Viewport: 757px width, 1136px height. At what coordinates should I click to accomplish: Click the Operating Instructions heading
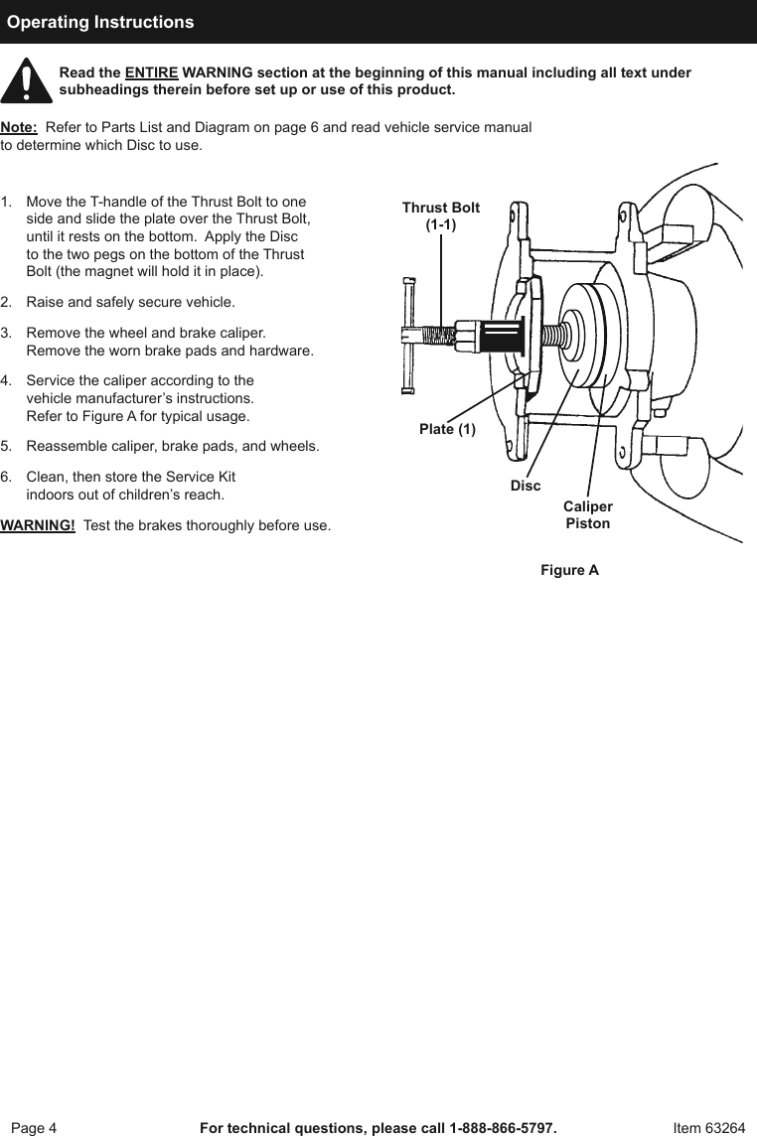click(100, 22)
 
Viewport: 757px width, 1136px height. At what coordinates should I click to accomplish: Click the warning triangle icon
click(26, 81)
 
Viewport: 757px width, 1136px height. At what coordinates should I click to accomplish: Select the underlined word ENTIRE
click(151, 73)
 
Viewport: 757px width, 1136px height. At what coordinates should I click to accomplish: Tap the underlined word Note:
click(20, 128)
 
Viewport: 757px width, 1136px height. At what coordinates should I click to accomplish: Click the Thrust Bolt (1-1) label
click(440, 216)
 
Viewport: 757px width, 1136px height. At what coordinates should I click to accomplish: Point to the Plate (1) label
click(447, 429)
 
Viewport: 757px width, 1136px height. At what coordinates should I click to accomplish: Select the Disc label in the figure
click(526, 486)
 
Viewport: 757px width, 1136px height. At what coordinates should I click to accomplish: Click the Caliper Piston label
click(588, 515)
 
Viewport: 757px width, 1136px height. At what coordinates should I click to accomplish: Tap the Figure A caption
click(569, 570)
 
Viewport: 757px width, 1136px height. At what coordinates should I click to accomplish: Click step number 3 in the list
click(7, 334)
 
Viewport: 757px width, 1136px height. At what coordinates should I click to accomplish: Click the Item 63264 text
click(708, 1128)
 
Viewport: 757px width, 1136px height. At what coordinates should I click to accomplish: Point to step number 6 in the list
click(7, 477)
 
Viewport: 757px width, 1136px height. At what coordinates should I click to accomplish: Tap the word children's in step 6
click(161, 494)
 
